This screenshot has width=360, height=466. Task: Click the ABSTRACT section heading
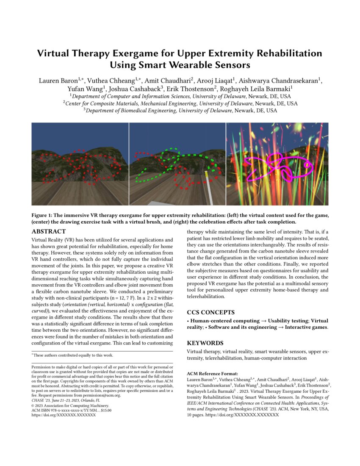[x=49, y=232]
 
